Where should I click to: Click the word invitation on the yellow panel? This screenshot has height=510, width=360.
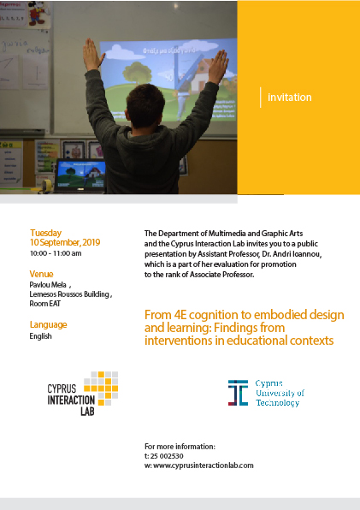(290, 98)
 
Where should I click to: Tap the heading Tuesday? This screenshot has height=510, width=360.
(46, 233)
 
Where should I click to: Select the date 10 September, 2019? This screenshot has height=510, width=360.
(65, 242)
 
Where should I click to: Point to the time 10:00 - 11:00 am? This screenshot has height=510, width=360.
(56, 253)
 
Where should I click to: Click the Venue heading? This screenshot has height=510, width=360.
(41, 274)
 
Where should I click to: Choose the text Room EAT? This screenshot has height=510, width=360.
(44, 304)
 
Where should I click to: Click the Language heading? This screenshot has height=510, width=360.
(48, 324)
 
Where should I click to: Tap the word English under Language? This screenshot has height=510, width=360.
(40, 336)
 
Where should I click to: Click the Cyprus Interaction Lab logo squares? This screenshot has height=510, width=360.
(101, 388)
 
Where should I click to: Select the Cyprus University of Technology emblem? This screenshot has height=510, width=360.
(239, 393)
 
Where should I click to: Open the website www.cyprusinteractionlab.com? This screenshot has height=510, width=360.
(204, 466)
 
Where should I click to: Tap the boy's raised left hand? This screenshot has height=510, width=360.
(92, 54)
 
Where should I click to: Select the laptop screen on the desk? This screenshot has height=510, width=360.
(81, 175)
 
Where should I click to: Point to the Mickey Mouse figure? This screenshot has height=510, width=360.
(37, 13)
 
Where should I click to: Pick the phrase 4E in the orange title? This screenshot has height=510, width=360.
(180, 315)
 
